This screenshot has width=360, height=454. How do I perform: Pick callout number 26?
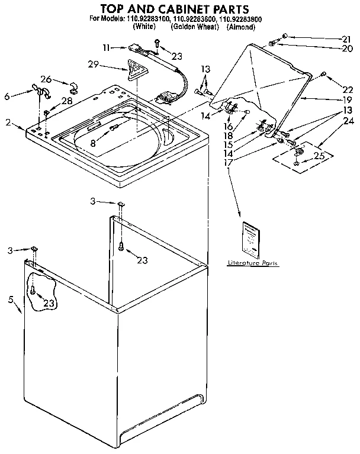46,79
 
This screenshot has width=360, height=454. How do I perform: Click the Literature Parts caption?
253,262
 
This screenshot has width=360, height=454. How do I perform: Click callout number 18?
228,135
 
